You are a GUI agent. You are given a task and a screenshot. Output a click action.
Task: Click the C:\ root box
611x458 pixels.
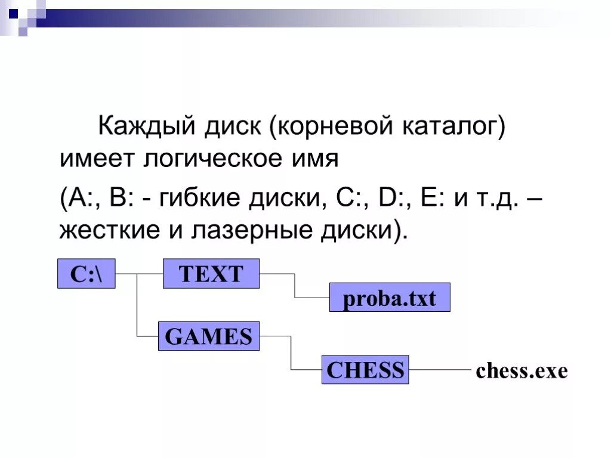click(x=87, y=274)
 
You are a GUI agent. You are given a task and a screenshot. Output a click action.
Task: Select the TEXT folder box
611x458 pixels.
click(x=211, y=274)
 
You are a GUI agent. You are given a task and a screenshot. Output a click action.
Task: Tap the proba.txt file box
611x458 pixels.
click(x=390, y=298)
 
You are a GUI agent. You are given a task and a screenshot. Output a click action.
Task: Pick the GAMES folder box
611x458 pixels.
click(x=208, y=336)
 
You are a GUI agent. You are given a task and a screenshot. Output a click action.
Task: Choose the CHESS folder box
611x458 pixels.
click(x=365, y=370)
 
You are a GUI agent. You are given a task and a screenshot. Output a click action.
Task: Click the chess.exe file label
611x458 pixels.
click(x=521, y=371)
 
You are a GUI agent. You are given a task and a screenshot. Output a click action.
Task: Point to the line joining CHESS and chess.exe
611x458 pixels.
click(x=440, y=370)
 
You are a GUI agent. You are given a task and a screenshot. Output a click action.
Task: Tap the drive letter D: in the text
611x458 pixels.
click(x=391, y=197)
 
